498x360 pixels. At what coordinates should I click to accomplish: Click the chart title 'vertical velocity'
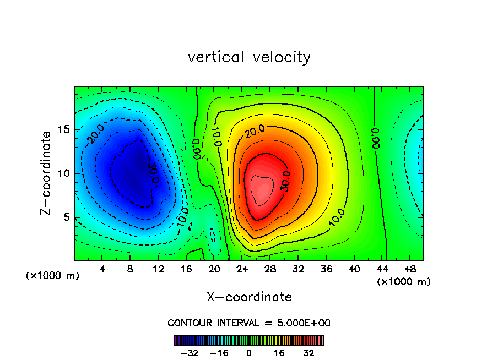[249, 57]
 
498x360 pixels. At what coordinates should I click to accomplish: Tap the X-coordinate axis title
[249, 297]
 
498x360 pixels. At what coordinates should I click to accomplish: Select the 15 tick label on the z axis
[65, 129]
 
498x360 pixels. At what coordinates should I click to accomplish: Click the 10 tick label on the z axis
[65, 173]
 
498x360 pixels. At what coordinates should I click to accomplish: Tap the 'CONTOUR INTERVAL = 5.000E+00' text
[249, 323]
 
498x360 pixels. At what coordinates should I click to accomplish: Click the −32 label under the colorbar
[190, 353]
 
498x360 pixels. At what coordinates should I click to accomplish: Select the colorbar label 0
[249, 353]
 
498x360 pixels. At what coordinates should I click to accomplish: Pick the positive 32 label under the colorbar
[309, 353]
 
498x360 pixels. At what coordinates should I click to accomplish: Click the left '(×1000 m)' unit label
[53, 276]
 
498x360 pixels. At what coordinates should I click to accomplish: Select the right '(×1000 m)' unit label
[404, 282]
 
